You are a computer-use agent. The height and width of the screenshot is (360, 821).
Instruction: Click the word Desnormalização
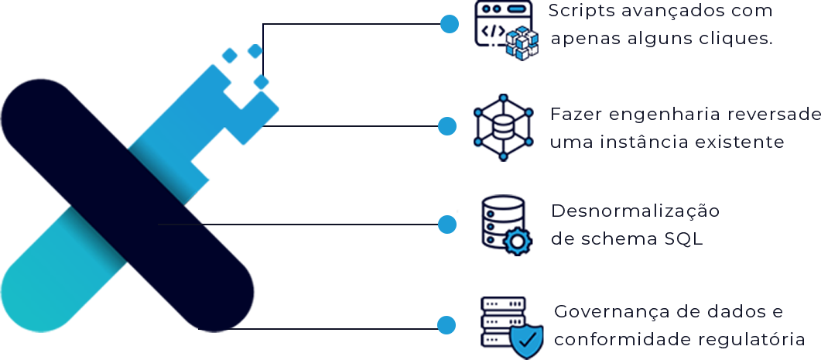tap(635, 211)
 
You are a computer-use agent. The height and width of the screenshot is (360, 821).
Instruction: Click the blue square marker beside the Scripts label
tap(450, 24)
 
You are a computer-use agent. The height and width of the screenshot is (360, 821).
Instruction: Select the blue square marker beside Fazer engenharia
tap(447, 125)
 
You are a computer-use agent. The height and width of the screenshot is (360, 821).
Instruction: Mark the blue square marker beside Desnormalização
tap(447, 224)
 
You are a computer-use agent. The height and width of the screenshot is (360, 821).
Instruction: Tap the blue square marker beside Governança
tap(446, 325)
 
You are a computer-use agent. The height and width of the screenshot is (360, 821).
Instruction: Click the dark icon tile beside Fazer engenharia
tap(504, 128)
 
